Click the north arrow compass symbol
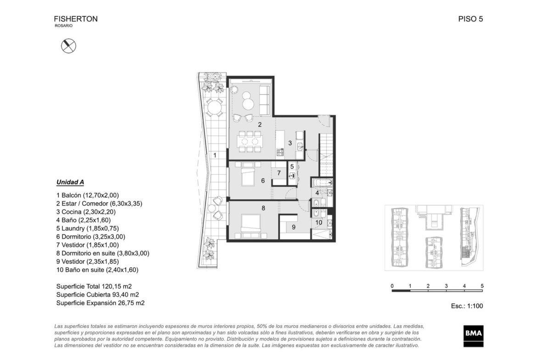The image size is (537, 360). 68,46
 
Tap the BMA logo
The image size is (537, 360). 474,336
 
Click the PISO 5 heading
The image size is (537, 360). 470,19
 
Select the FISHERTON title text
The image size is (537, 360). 76,19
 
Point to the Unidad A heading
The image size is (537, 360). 70,182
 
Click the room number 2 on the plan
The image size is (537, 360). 260,125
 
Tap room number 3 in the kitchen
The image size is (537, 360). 290,143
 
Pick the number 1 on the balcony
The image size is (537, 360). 215,155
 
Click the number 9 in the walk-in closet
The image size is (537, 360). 293,227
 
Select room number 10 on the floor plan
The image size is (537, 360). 319,222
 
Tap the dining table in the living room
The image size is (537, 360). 250,141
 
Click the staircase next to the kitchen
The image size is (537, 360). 326,155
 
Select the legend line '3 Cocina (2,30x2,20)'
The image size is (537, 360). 86,212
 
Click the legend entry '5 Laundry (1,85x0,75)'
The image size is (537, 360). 87,228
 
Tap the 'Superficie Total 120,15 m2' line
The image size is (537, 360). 94,287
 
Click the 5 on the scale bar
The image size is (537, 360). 482,286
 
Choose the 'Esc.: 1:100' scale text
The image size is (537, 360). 467,306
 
